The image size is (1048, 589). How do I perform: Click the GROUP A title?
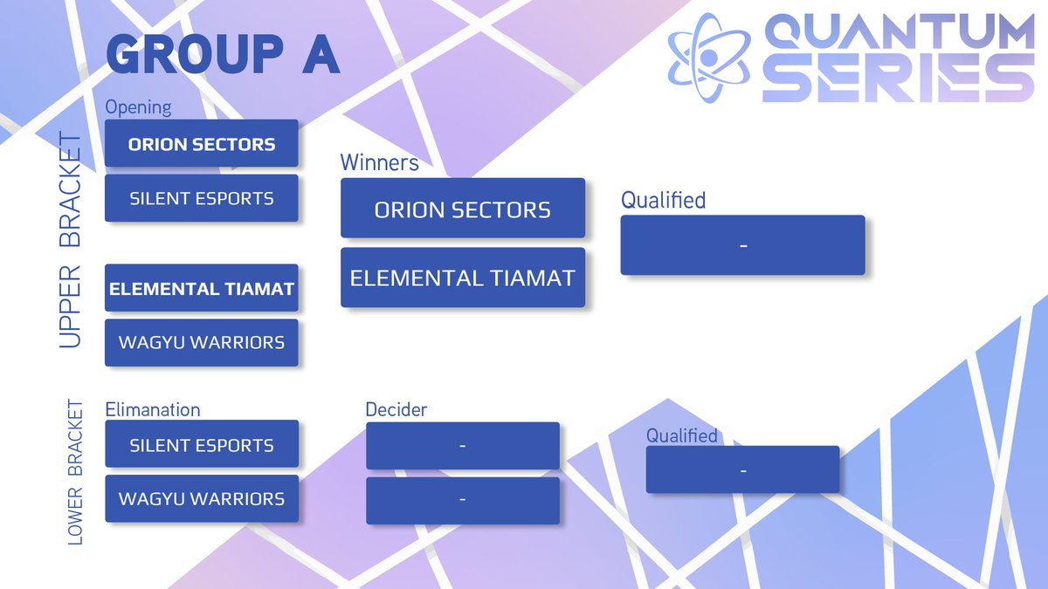pyautogui.click(x=223, y=56)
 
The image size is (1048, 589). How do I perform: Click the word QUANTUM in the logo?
pyautogui.click(x=900, y=35)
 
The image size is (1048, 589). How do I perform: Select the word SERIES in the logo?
pyautogui.click(x=900, y=80)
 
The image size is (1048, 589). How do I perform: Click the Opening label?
pyautogui.click(x=138, y=107)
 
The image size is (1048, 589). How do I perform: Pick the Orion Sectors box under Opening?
pyautogui.click(x=202, y=144)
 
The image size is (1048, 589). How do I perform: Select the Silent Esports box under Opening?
pyautogui.click(x=202, y=198)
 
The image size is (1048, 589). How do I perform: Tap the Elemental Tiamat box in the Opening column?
pyautogui.click(x=202, y=288)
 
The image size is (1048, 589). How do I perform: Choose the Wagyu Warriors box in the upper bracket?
pyautogui.click(x=202, y=342)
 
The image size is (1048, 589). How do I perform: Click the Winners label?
pyautogui.click(x=379, y=162)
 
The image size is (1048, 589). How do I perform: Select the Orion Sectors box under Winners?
pyautogui.click(x=462, y=209)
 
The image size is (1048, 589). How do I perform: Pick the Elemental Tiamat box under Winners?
pyautogui.click(x=462, y=277)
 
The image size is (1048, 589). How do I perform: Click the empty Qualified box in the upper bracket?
pyautogui.click(x=742, y=245)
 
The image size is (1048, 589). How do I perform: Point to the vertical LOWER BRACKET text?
pyautogui.click(x=75, y=473)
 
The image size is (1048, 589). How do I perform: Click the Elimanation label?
pyautogui.click(x=153, y=409)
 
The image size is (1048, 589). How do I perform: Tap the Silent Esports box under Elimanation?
pyautogui.click(x=202, y=444)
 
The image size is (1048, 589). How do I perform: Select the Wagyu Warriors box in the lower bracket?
pyautogui.click(x=202, y=498)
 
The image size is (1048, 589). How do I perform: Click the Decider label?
pyautogui.click(x=396, y=409)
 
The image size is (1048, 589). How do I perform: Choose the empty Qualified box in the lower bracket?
pyautogui.click(x=742, y=469)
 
